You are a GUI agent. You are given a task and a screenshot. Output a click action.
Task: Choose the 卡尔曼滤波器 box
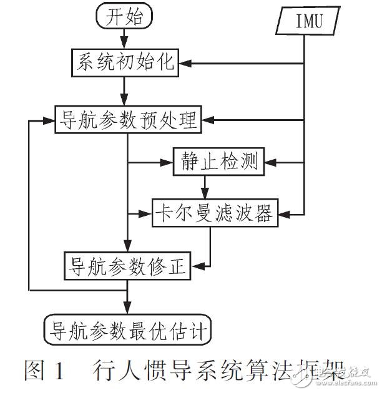213,213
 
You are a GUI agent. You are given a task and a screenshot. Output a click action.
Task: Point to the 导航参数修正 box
127,264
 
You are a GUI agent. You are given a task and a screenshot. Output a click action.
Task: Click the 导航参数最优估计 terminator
127,326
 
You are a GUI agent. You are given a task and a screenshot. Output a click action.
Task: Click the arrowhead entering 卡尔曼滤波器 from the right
282,213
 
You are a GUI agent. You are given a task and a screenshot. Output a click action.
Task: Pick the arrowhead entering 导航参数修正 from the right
197,264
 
